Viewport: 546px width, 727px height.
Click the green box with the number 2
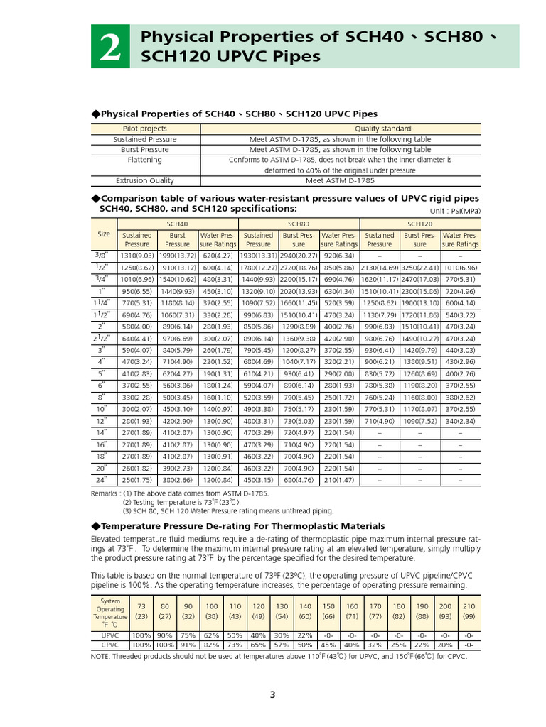[x=110, y=47]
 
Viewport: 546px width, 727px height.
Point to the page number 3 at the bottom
[x=272, y=694]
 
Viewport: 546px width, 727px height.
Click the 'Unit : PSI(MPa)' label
[x=455, y=211]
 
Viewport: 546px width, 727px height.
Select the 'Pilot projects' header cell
[x=145, y=129]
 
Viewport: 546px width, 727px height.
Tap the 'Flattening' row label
[x=145, y=160]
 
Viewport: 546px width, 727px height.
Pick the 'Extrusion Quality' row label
[x=145, y=181]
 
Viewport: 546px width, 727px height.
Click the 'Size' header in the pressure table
[x=104, y=234]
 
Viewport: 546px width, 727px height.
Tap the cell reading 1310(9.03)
[x=137, y=256]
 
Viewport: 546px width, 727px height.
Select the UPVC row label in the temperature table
[x=110, y=635]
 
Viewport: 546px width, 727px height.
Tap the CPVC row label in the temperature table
[x=110, y=645]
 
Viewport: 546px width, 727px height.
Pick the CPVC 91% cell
[x=188, y=645]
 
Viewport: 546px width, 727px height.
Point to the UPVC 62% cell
[x=211, y=635]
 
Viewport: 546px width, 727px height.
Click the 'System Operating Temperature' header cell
[x=110, y=612]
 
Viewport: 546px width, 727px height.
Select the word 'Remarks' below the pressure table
[x=106, y=493]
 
